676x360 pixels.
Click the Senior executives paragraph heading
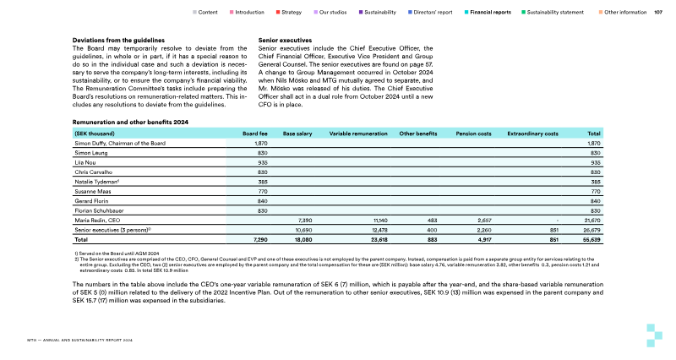[x=284, y=41]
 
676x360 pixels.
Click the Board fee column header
[x=254, y=134]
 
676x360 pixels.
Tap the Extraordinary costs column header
[x=532, y=134]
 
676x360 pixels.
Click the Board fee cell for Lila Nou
[x=260, y=163]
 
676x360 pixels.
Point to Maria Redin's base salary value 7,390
[x=305, y=220]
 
